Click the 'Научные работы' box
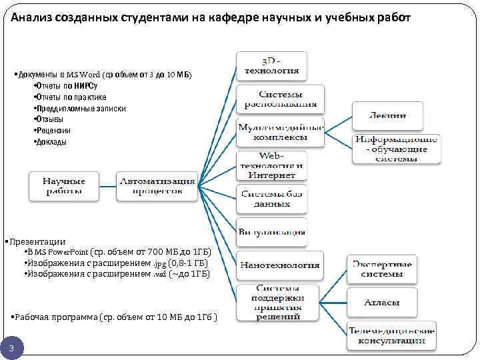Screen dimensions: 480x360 [65, 186]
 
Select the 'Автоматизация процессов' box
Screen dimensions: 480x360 [157, 186]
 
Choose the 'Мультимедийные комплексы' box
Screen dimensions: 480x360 [281, 132]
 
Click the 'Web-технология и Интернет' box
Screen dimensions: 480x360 [271, 165]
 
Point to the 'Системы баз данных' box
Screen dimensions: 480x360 [271, 199]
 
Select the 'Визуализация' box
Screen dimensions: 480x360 [271, 232]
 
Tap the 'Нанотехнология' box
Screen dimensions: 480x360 [280, 265]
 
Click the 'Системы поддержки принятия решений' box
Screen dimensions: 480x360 [279, 302]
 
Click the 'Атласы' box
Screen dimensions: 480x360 [382, 303]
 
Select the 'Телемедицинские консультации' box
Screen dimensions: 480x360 [391, 336]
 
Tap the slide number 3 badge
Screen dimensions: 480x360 [12, 349]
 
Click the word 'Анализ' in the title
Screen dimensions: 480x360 [33, 17]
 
